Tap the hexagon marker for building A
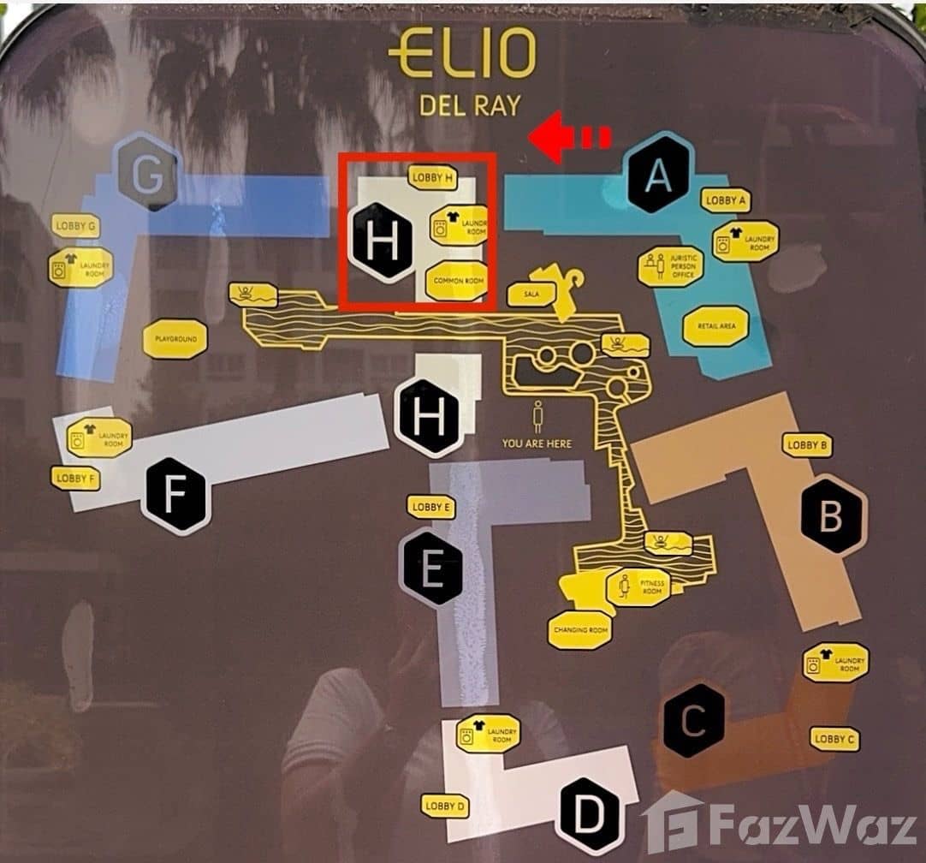657,176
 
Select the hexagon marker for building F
175,496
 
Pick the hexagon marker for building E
432,568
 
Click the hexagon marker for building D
587,811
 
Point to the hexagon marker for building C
694,721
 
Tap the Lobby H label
432,177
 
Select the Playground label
175,339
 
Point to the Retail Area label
715,325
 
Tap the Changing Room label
580,630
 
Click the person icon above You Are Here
537,418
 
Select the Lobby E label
430,507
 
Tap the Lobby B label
806,444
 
